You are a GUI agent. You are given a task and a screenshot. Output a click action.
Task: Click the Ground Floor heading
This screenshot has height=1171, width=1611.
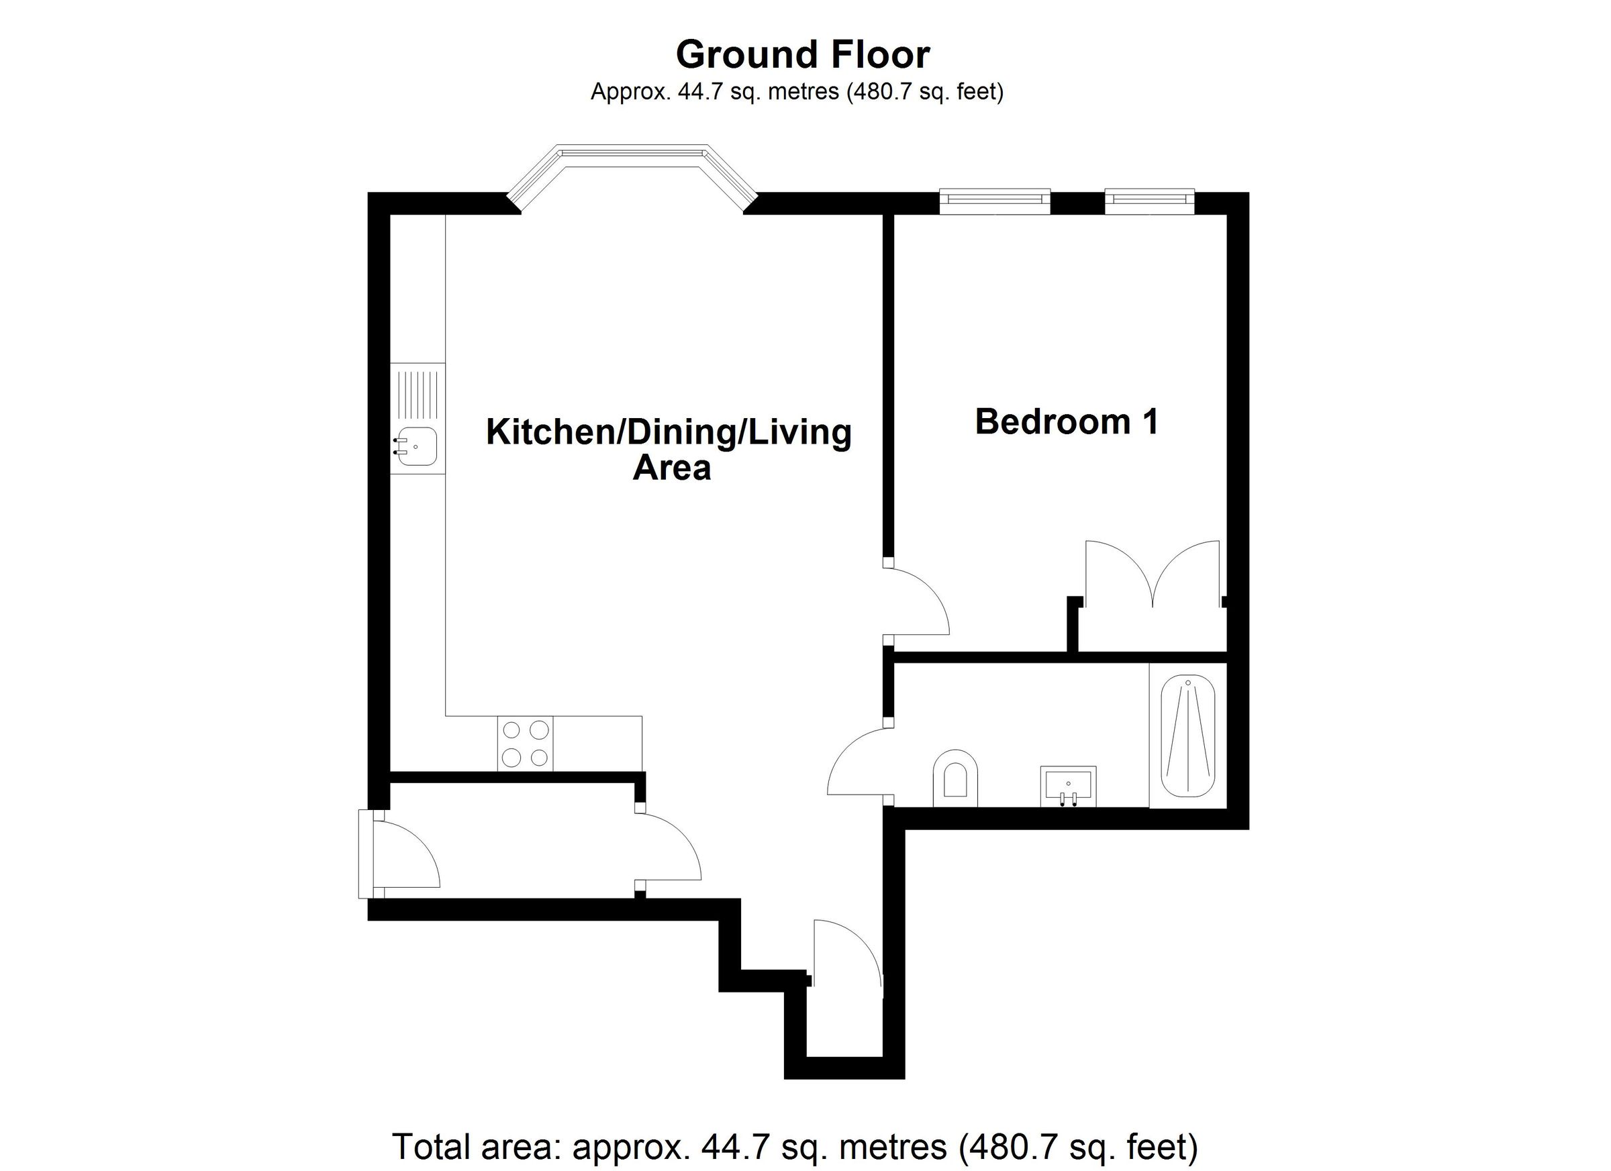(x=803, y=56)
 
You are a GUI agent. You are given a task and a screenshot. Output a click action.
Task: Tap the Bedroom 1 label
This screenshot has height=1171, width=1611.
(x=1066, y=422)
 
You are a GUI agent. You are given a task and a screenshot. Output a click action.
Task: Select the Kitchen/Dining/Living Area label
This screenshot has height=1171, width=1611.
(x=669, y=449)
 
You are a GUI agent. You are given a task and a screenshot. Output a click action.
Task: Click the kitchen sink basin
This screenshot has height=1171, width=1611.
(x=418, y=447)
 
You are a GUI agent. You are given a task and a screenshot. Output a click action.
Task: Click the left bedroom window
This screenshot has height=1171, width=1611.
(x=993, y=200)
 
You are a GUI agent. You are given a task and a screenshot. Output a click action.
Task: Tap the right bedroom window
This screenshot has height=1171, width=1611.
(x=1149, y=200)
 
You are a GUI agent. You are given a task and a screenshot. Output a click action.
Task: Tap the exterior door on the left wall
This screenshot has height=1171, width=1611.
(x=405, y=854)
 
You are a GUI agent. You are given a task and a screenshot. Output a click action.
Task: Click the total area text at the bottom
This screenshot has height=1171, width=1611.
(x=795, y=1146)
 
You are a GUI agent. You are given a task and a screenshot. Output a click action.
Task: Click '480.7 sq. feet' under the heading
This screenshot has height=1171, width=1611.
(x=924, y=93)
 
